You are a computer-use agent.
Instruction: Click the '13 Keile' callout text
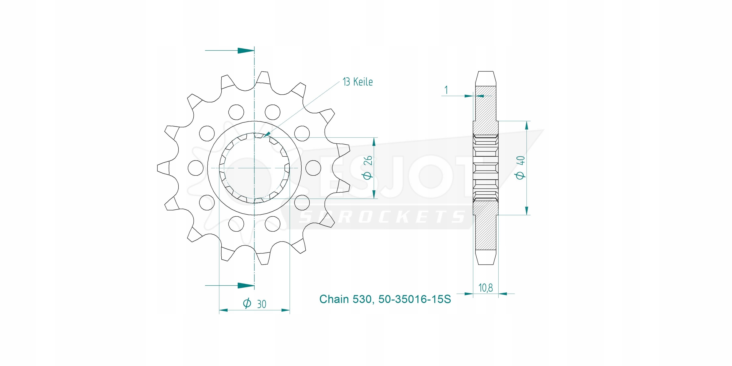358,82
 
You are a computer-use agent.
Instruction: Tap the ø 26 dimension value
368,168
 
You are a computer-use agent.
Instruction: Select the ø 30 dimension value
254,304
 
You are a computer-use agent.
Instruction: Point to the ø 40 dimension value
520,168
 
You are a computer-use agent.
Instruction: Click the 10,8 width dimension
486,288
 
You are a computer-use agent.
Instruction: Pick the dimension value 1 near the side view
446,90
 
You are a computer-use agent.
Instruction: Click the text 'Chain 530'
345,299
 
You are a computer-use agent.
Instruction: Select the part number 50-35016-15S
415,299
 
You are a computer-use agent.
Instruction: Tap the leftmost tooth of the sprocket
163,168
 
